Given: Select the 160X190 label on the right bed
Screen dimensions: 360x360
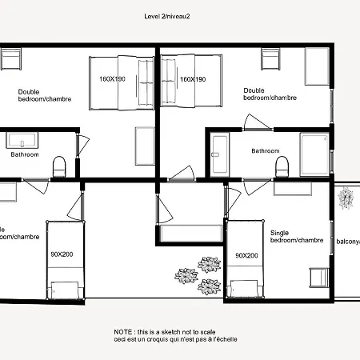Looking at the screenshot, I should pos(193,79).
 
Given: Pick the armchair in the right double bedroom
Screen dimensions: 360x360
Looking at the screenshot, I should pos(270,58).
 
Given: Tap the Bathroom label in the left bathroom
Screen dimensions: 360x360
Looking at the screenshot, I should pos(24,154).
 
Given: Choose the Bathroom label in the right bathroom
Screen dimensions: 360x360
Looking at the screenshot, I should pos(265,150).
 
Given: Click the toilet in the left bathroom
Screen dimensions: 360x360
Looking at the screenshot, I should pos(58,166).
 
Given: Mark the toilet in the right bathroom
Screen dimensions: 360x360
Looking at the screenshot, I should pos(282,166).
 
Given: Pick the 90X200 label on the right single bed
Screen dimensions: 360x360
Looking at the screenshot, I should pos(246,255).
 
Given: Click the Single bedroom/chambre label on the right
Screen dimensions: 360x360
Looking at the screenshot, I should pos(296,236).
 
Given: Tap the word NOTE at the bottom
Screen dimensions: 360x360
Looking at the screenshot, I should pos(124,330).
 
